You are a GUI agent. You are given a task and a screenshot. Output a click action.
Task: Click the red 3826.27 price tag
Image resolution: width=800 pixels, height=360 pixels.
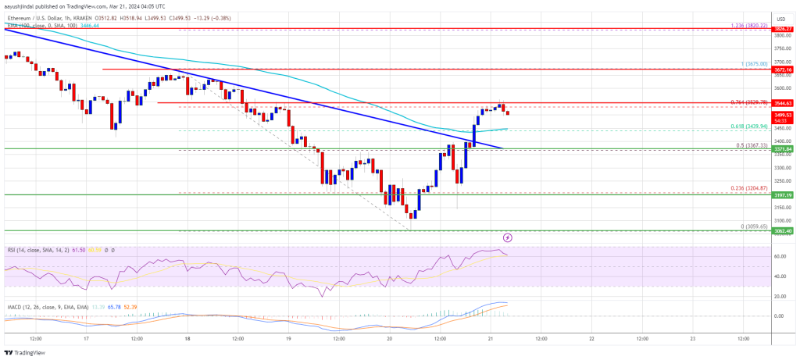click(784, 30)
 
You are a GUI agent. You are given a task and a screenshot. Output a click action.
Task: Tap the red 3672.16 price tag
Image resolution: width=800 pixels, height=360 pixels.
click(784, 70)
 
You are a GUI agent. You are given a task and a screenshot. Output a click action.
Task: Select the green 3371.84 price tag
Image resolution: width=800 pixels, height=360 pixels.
click(784, 148)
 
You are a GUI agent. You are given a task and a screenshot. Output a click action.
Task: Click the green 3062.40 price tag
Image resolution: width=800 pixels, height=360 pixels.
click(784, 231)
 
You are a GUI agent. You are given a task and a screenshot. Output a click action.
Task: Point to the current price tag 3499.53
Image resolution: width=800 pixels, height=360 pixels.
click(784, 114)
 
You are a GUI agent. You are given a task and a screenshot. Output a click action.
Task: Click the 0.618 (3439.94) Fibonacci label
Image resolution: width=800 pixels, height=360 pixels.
click(748, 126)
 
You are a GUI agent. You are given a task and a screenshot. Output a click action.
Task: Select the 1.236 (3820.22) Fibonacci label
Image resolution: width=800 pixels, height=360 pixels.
click(748, 25)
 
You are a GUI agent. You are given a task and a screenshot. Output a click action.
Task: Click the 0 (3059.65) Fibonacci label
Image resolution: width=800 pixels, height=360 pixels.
click(752, 226)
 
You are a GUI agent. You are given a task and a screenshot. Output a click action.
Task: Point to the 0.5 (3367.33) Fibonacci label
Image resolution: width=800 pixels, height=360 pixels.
click(750, 144)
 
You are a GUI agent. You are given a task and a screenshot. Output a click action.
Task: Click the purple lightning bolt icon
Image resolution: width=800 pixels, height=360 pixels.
click(508, 237)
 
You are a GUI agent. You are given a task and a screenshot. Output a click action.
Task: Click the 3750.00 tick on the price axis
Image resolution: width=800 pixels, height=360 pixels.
click(782, 48)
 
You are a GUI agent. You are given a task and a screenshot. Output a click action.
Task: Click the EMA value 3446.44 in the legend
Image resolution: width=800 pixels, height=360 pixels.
click(93, 26)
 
